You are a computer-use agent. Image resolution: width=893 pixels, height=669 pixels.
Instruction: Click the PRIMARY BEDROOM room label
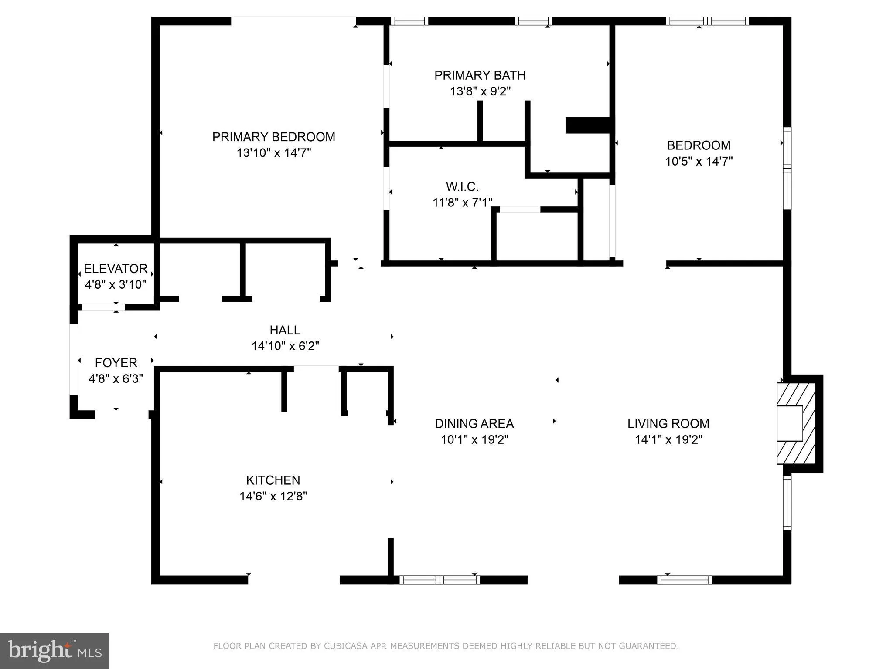pos(273,137)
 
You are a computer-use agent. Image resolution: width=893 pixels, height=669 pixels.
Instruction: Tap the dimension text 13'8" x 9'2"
pos(480,91)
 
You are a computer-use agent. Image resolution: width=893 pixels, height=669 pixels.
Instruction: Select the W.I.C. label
pos(462,187)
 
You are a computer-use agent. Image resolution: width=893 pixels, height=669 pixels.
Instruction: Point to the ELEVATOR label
pos(116,268)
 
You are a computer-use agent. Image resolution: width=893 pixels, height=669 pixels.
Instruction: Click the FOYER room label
pos(116,362)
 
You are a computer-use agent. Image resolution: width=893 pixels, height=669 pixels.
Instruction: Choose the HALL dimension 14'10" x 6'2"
pos(285,346)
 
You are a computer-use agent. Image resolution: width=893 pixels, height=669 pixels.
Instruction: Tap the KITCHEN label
pos(273,480)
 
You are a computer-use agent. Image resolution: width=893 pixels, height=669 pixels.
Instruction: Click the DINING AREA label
pos(474,423)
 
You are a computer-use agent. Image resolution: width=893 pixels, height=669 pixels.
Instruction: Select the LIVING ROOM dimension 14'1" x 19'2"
pos(668,439)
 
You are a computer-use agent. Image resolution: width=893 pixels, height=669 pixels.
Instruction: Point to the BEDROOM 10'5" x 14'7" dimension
pos(699,162)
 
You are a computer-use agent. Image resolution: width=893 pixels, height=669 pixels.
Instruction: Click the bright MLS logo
pos(54,651)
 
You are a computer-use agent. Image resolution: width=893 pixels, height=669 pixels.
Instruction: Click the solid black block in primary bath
pos(587,125)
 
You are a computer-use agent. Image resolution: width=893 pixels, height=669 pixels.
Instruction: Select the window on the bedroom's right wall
pos(787,168)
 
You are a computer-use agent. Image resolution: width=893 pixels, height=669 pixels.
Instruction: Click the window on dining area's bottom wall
pos(440,580)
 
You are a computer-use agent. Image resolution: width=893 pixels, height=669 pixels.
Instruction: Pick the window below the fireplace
pos(787,503)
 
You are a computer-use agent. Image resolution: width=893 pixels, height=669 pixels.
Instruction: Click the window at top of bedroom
pos(707,21)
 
